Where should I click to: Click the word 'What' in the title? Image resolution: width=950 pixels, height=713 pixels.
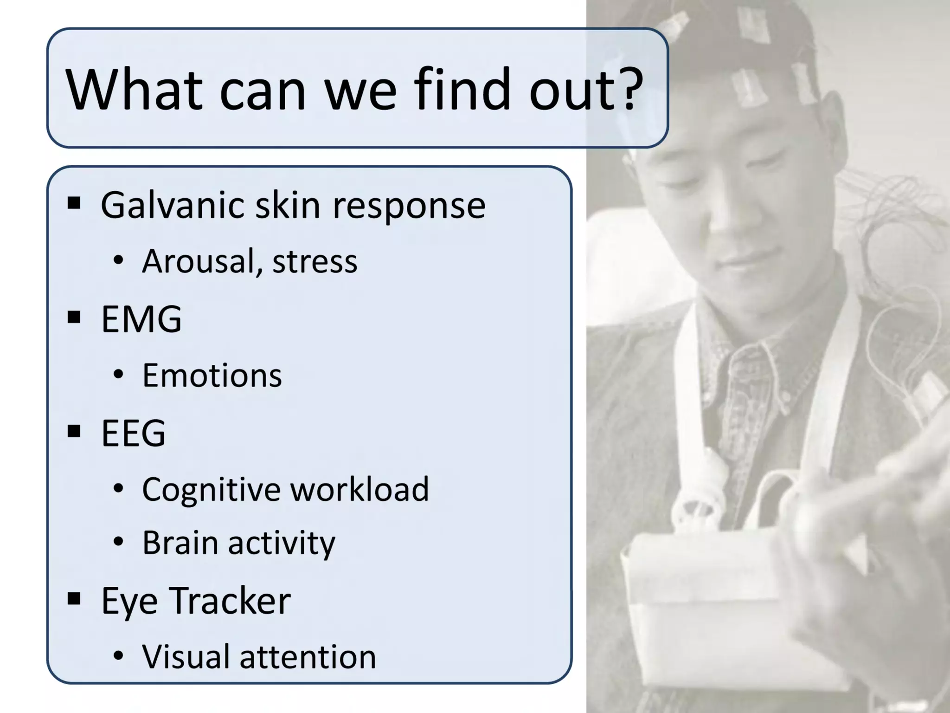[x=134, y=89]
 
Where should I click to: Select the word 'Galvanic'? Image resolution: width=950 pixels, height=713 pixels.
[x=172, y=205]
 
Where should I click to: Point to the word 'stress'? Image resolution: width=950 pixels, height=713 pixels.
[x=315, y=261]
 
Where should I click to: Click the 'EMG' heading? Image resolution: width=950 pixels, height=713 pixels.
[x=141, y=319]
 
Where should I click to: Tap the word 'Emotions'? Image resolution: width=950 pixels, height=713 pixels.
[x=212, y=375]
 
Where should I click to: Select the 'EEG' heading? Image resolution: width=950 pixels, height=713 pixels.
[x=133, y=433]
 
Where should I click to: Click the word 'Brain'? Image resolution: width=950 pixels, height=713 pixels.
[x=180, y=543]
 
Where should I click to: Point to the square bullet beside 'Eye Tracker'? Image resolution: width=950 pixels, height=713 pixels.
[x=74, y=599]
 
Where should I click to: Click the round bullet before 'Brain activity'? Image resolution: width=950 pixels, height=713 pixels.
[x=118, y=542]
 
